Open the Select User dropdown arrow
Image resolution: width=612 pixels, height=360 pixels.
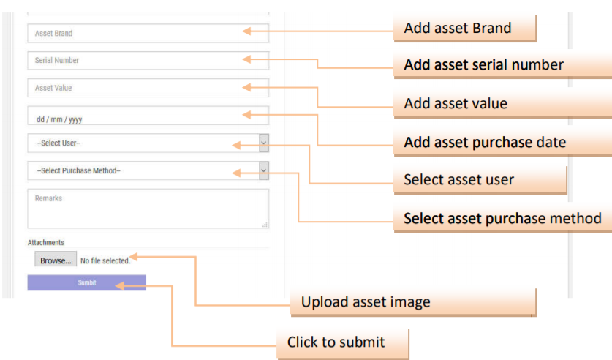pos(263,143)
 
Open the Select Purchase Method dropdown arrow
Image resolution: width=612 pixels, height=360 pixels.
pos(263,170)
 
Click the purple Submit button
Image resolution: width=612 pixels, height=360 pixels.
pos(86,282)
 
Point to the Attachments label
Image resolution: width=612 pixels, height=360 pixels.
pos(46,242)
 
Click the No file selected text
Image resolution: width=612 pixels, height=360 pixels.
pos(105,260)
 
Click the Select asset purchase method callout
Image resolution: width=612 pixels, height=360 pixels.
pos(502,218)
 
